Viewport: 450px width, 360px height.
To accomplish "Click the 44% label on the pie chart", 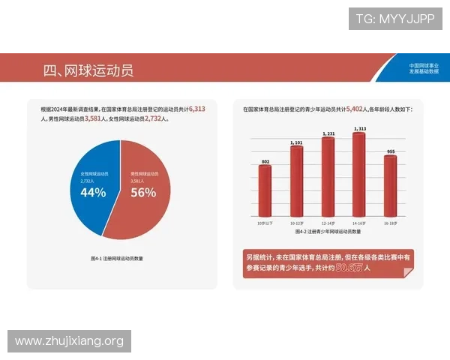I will (93, 192).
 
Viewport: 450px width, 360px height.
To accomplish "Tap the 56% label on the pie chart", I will (143, 192).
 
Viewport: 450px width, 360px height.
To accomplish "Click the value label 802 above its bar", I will (265, 161).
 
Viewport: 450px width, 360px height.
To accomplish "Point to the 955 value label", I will (390, 151).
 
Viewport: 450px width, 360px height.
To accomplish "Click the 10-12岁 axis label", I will (296, 223).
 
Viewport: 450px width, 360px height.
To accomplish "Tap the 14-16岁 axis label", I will (359, 223).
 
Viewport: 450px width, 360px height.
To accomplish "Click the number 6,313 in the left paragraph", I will (197, 109).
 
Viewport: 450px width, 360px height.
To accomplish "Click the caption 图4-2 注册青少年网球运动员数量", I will (328, 233).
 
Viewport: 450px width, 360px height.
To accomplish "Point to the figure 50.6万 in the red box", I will (349, 267).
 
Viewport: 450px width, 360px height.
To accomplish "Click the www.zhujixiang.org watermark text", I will (69, 342).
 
